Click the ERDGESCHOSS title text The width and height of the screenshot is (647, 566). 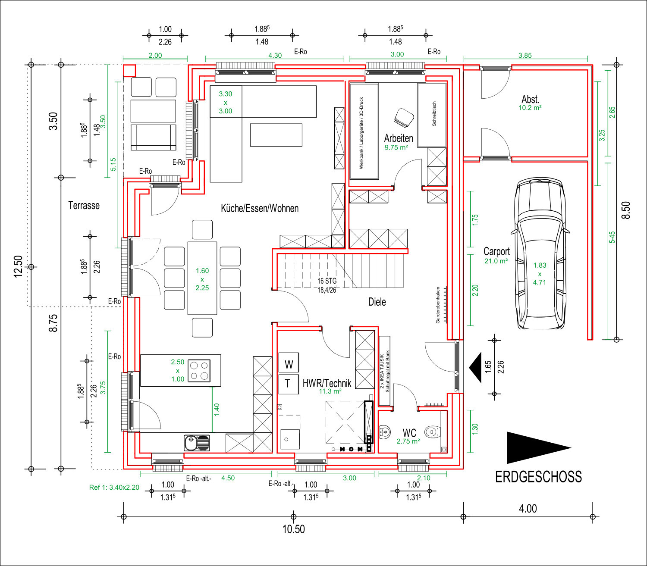538,477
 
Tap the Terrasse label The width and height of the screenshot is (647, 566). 84,206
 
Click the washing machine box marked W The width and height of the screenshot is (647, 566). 289,363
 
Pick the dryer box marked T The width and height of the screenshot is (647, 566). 289,384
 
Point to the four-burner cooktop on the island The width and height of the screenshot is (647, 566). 199,371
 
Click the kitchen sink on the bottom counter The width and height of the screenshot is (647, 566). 197,443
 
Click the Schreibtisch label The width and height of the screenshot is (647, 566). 434,114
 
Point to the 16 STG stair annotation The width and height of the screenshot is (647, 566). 327,281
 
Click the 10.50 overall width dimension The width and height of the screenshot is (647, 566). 293,529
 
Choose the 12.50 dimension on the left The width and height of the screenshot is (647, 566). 19,266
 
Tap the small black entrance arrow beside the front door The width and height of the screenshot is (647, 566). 475,367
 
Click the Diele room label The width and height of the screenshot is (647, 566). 377,302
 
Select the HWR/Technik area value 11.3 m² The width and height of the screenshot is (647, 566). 330,391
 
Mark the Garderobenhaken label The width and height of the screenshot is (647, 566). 438,305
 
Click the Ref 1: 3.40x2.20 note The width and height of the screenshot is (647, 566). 114,487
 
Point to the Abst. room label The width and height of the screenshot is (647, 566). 530,99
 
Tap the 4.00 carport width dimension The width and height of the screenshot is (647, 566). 528,509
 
